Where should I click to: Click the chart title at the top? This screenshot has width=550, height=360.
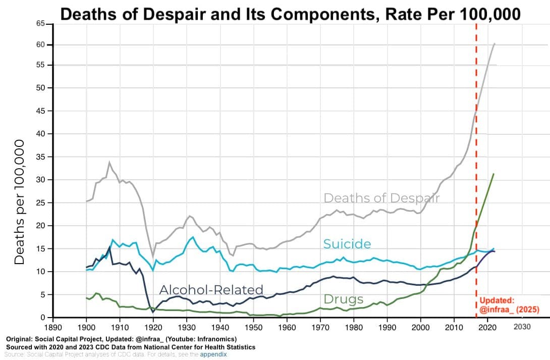[290, 14]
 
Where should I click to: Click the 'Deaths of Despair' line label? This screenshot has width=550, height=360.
[381, 198]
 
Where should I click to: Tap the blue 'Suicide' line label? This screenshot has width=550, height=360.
[347, 244]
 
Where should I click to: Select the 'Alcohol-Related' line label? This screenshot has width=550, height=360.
[211, 290]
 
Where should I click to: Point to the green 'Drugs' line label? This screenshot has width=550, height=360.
[343, 299]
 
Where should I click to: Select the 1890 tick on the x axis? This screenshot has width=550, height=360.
[53, 327]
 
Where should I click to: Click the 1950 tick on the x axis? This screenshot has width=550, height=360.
[254, 327]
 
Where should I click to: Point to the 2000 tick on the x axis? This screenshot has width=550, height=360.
[421, 327]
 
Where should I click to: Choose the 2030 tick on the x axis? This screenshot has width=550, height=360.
[522, 327]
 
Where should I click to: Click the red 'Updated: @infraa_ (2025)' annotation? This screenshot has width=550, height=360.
[509, 304]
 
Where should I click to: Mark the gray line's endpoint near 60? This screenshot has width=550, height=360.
[494, 43]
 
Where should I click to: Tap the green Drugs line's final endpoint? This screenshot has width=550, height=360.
[493, 174]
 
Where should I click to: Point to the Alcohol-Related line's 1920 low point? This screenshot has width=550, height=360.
[153, 312]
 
